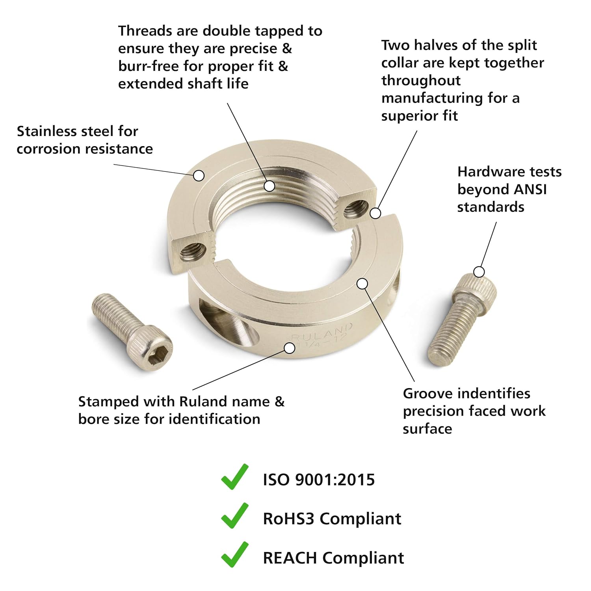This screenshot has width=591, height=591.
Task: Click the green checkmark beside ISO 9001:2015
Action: pos(235,478)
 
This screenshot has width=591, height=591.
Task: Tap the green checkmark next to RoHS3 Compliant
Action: pos(235,516)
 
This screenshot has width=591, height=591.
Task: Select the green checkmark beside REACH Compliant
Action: pos(235,555)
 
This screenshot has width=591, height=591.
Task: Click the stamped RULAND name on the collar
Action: pos(322,333)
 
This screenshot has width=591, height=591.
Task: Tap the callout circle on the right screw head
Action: pos(479,272)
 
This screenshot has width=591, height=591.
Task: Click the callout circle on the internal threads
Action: pos(269,186)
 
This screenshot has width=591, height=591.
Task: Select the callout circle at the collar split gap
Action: pos(376,213)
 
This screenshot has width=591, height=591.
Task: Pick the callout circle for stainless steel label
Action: pos(199,175)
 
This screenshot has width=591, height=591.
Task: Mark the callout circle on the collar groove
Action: pos(362,283)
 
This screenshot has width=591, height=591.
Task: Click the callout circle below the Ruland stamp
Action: pos(290,348)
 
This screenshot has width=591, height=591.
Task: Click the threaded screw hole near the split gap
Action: pos(356,209)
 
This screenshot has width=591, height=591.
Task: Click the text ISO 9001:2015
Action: pos(319,479)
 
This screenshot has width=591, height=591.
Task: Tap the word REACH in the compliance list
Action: pos(290,558)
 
